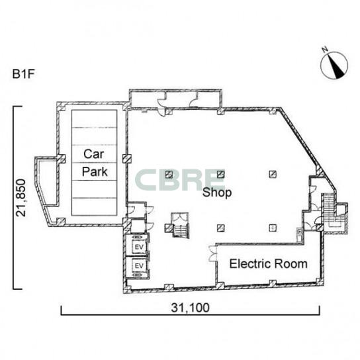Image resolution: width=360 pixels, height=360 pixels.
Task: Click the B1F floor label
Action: coord(23,74)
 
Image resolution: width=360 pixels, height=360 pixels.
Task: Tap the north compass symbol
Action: coord(334,66)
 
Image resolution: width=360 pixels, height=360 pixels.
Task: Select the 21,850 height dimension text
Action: coord(21,198)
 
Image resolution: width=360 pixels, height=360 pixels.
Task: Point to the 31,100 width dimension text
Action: coord(190,308)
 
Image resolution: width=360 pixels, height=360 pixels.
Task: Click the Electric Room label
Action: coord(269,264)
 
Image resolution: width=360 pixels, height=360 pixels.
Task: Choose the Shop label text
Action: coord(217,193)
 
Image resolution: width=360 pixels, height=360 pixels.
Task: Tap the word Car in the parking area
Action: coord(94,154)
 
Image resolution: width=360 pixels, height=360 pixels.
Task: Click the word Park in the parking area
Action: coord(95,172)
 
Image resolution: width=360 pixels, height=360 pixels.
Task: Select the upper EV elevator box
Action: coord(139,247)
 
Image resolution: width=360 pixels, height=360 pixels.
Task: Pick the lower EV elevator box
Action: coord(139,265)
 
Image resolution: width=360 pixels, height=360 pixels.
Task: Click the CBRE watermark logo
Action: coord(180,180)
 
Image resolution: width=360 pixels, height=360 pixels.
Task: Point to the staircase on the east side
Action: coord(328,209)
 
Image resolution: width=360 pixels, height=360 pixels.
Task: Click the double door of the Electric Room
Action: coord(212,253)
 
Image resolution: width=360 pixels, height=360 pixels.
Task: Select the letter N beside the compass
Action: coord(325,49)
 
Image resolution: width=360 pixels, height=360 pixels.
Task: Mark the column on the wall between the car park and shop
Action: coord(126,159)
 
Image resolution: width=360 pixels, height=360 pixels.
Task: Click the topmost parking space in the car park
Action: coord(95,118)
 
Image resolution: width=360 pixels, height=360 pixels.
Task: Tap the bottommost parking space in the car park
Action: coord(95,206)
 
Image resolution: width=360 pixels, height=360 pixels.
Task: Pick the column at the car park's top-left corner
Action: coord(61,107)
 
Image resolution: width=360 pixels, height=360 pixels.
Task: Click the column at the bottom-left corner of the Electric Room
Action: coord(220,286)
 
